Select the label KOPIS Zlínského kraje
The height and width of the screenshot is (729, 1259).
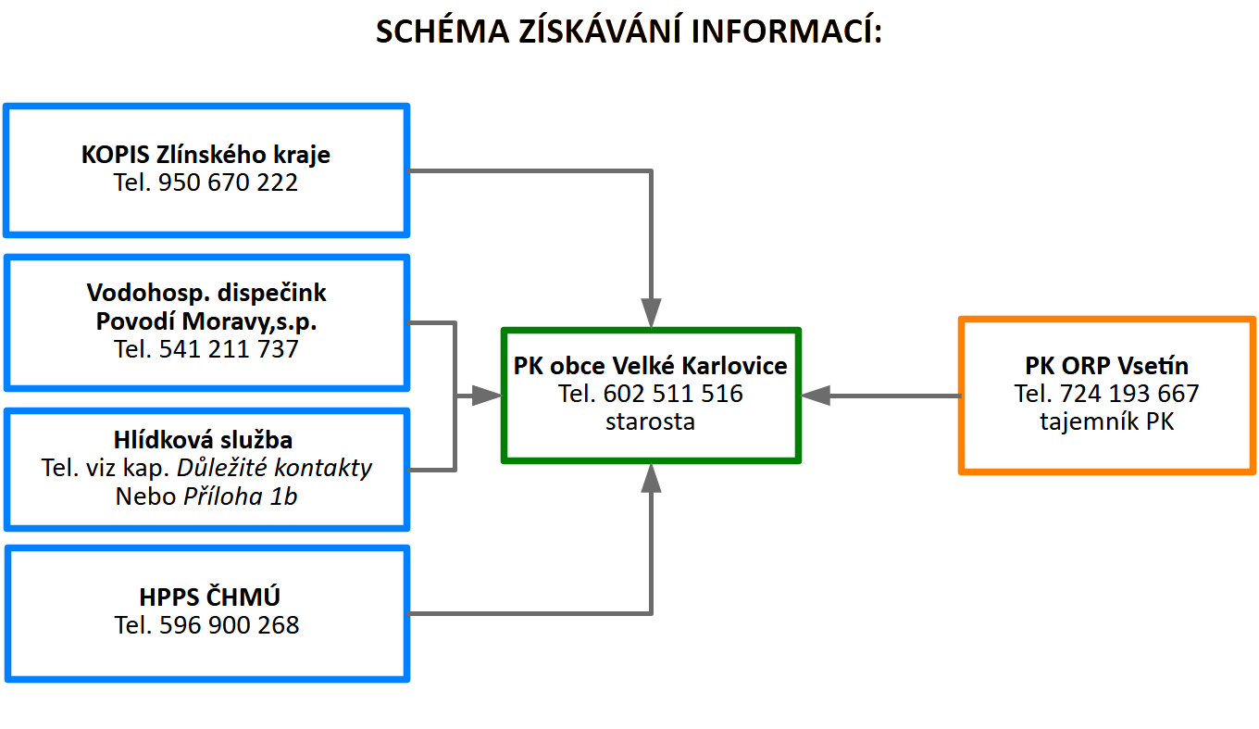(206, 155)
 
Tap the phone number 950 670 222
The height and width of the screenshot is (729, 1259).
(228, 182)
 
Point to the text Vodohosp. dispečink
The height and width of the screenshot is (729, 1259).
(206, 293)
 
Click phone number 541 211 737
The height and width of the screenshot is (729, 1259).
(229, 348)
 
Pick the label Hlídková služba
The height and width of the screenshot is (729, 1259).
(203, 440)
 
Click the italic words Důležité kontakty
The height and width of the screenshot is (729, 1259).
(274, 468)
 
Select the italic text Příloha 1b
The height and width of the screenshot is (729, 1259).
(241, 496)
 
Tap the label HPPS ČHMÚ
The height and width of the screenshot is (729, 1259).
(209, 597)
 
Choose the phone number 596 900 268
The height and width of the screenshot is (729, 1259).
(230, 625)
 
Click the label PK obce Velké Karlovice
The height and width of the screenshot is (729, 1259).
(650, 366)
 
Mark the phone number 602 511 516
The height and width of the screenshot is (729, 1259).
(673, 394)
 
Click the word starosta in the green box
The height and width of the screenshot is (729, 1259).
(650, 421)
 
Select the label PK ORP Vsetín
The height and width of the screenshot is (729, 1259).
(1106, 366)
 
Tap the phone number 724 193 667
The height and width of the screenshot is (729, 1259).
(1129, 394)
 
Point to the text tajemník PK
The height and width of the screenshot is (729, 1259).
(1106, 421)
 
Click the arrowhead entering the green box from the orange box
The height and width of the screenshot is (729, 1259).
(816, 396)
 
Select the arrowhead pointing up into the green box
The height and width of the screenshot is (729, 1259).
(651, 478)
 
